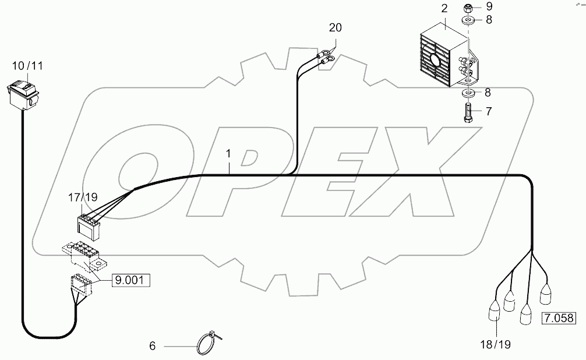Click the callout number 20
tap(335, 28)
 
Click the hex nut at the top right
tap(468, 8)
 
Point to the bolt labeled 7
tap(468, 111)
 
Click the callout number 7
tap(488, 111)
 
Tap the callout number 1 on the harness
tap(229, 154)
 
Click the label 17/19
tap(83, 198)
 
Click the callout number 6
tap(153, 346)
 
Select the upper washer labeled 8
tap(468, 21)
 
